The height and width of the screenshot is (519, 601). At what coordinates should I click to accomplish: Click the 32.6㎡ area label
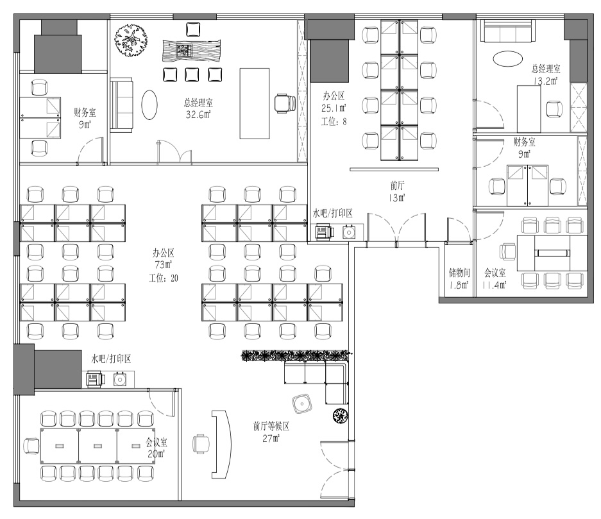click(x=198, y=114)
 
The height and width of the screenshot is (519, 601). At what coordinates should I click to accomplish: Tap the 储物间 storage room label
click(x=459, y=273)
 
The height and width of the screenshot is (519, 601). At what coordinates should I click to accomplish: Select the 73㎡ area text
click(x=164, y=264)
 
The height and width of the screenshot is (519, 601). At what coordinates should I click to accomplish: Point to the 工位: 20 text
click(x=164, y=278)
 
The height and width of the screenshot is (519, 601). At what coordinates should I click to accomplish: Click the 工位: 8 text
click(x=334, y=121)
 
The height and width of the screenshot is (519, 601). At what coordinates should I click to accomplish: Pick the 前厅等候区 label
click(x=271, y=426)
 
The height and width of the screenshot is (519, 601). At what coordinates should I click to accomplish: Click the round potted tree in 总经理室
click(x=131, y=40)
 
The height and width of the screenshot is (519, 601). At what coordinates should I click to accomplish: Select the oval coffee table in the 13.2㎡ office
click(x=507, y=58)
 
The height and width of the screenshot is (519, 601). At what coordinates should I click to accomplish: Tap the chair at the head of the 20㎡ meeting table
click(x=31, y=446)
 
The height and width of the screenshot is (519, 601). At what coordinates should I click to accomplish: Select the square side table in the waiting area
click(x=302, y=404)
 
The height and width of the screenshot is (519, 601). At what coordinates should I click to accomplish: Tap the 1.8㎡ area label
click(x=459, y=285)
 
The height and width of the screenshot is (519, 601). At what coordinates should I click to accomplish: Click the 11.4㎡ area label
click(x=495, y=285)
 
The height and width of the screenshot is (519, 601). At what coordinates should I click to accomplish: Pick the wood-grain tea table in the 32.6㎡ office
click(x=192, y=51)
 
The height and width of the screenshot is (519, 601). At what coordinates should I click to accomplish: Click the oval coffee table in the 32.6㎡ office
click(x=149, y=105)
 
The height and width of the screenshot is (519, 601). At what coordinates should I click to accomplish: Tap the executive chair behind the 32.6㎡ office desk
click(x=285, y=104)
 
